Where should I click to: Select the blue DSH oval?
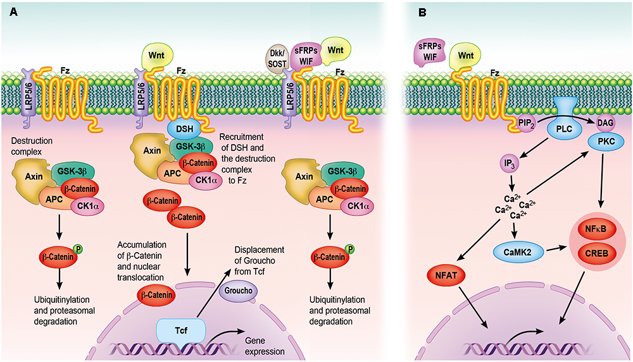click(185, 129)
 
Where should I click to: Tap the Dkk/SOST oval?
click(276, 60)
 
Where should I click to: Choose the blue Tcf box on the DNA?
click(181, 329)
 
